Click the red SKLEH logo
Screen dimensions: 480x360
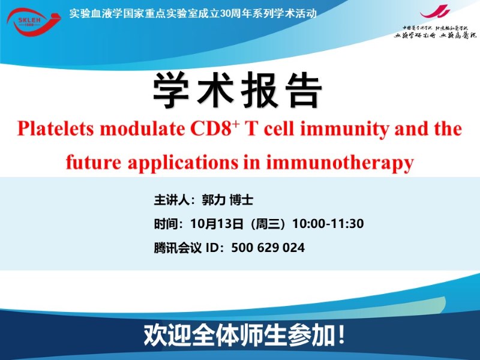[x=34, y=22]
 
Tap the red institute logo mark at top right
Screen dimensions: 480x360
[x=434, y=12]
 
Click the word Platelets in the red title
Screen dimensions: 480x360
[x=55, y=129]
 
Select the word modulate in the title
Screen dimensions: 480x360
[x=142, y=129]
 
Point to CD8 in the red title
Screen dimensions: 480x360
[x=211, y=129]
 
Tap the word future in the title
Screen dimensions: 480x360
[x=94, y=162]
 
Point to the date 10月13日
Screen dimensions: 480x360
[x=217, y=224]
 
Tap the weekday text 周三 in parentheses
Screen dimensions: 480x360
[x=268, y=224]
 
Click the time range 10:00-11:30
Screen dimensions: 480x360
[x=328, y=224]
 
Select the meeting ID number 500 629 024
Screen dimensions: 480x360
[x=268, y=248]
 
